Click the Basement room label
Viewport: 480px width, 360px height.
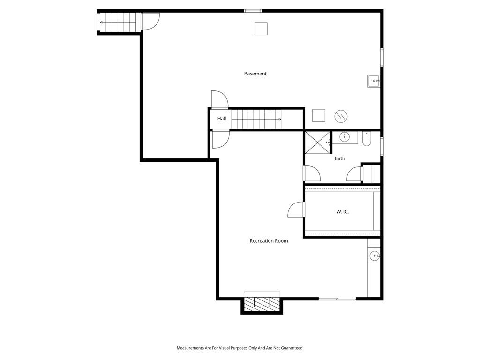click(255, 74)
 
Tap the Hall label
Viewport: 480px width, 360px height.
click(222, 119)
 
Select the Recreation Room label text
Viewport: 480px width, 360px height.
click(269, 241)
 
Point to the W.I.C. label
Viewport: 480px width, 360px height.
click(343, 211)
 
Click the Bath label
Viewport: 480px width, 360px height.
click(340, 158)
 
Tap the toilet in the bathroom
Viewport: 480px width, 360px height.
click(367, 139)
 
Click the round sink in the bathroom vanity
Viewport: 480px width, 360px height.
click(345, 137)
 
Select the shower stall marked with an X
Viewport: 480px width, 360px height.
click(318, 142)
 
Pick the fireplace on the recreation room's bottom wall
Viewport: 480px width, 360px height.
click(262, 303)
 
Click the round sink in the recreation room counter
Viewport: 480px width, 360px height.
click(375, 255)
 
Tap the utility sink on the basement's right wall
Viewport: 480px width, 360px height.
click(374, 81)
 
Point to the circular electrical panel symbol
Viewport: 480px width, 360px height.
click(341, 116)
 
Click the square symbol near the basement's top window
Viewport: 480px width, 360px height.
click(261, 29)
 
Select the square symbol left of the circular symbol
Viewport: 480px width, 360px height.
click(319, 115)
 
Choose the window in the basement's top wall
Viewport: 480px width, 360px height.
click(253, 11)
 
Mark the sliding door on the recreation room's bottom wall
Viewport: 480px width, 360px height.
click(337, 299)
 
